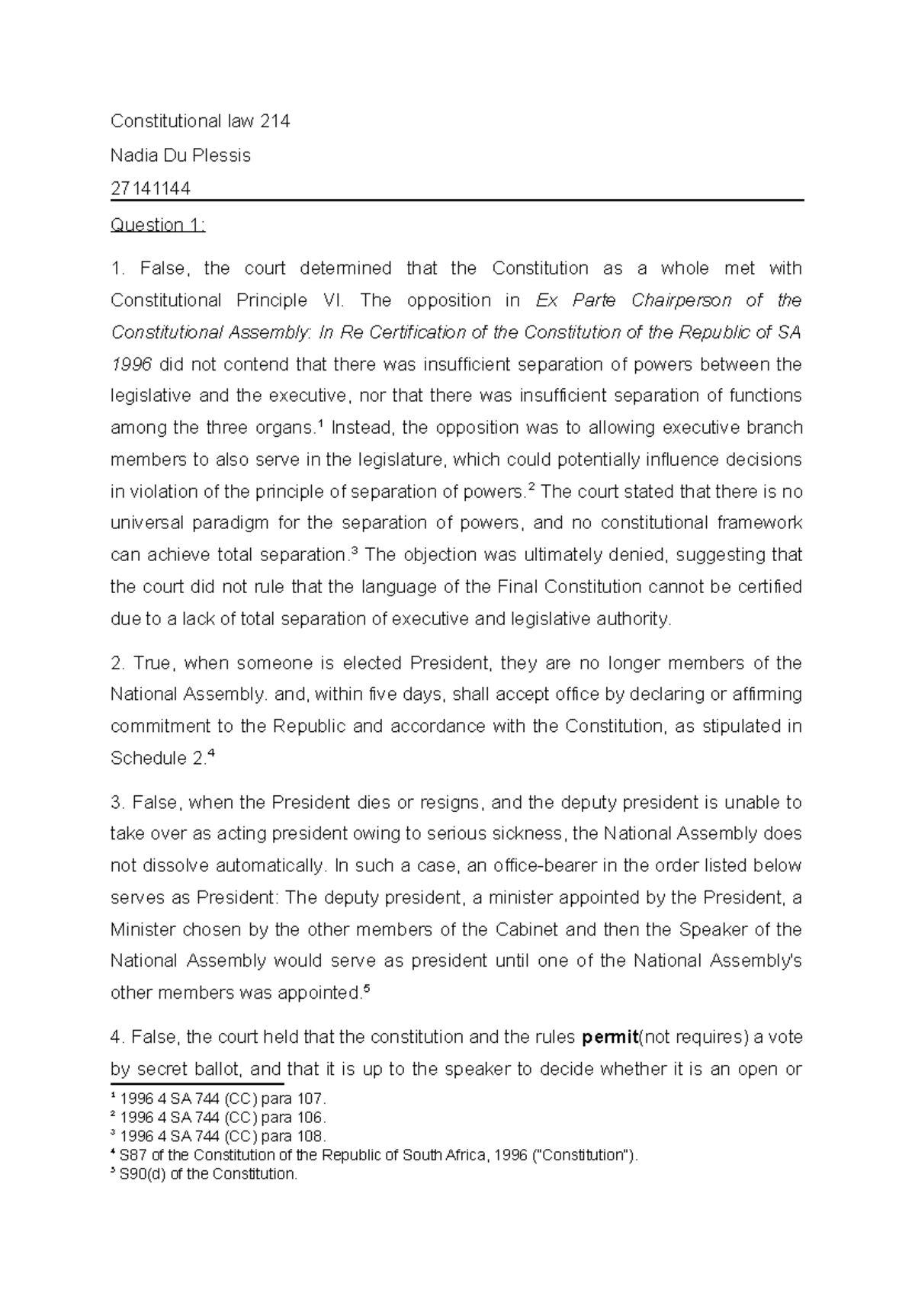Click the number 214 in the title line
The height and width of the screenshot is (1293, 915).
[274, 121]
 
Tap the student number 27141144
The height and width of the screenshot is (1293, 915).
[150, 188]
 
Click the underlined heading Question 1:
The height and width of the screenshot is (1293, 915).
[158, 225]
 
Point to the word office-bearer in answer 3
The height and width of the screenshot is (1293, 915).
[541, 866]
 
